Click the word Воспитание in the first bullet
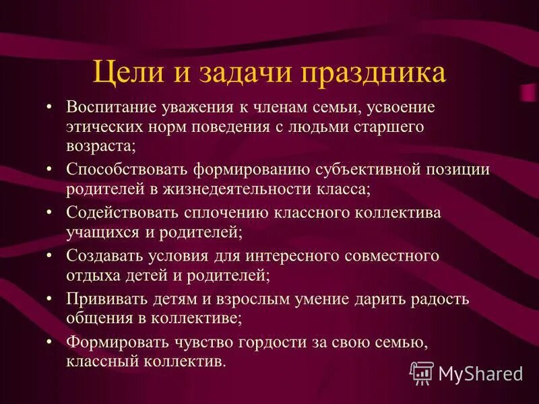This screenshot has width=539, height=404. (109, 108)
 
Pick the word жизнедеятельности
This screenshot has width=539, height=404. (241, 188)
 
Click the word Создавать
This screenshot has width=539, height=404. (102, 256)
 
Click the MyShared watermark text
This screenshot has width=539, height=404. (480, 373)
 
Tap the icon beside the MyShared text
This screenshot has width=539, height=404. (422, 372)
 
